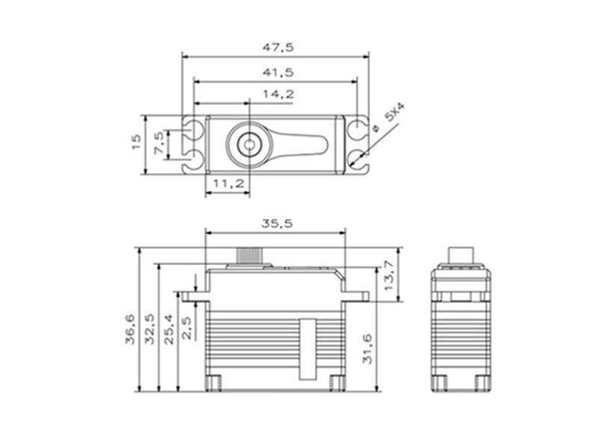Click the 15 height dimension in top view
click(137, 142)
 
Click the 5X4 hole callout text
click(396, 115)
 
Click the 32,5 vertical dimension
click(149, 329)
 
